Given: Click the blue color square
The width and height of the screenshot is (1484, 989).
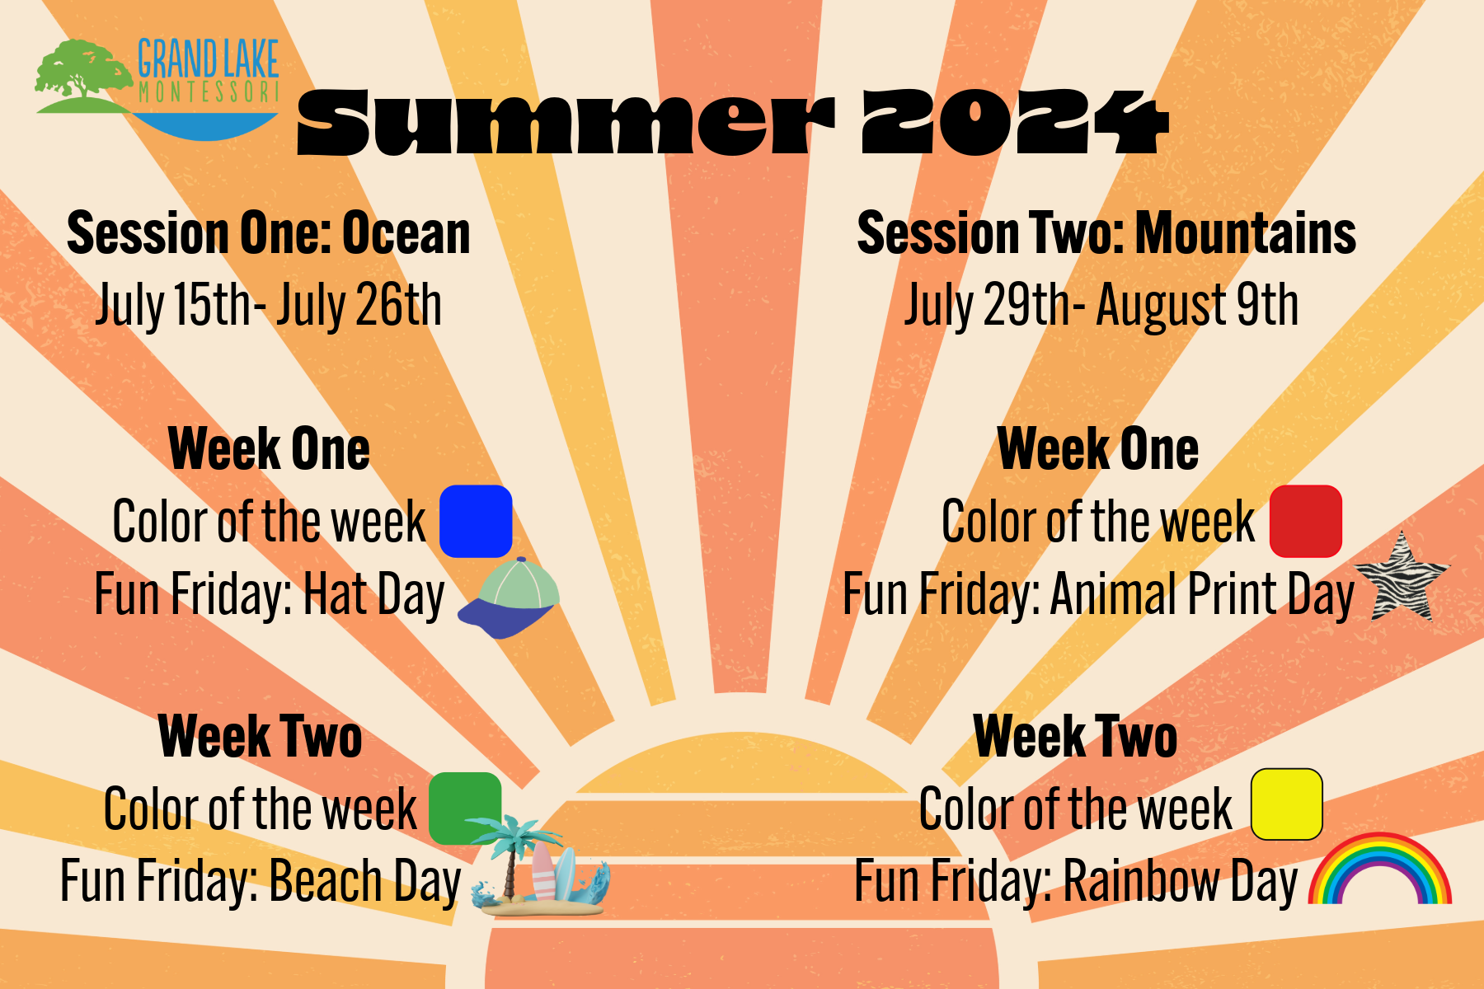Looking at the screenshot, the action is point(476,521).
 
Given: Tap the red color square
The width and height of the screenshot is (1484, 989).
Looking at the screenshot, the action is point(1306,521).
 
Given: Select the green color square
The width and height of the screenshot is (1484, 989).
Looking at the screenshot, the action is point(465,808).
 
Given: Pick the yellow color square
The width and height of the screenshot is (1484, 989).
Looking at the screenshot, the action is point(1287,804).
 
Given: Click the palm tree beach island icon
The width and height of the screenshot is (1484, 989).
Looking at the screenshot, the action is point(539,867).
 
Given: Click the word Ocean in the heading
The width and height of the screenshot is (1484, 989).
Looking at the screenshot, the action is point(406,233).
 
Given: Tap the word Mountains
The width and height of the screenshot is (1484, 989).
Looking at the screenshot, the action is point(1246,233).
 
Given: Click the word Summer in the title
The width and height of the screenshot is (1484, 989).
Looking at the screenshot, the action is point(566,123).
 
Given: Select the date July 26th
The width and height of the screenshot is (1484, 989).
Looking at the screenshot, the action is point(359,306).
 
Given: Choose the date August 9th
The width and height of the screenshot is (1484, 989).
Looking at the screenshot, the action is point(1197,306).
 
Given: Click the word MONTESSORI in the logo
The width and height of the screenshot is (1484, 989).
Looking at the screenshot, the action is point(209,91).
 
